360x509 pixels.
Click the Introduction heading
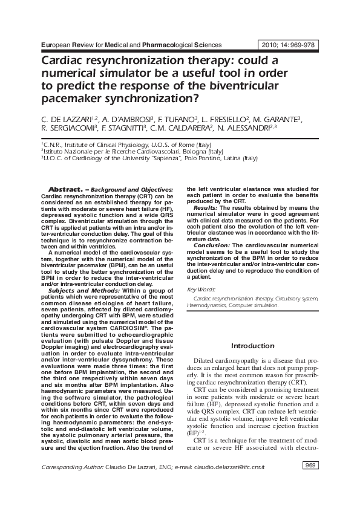[253, 346]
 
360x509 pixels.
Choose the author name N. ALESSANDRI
[242, 129]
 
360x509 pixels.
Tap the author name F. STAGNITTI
[119, 129]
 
